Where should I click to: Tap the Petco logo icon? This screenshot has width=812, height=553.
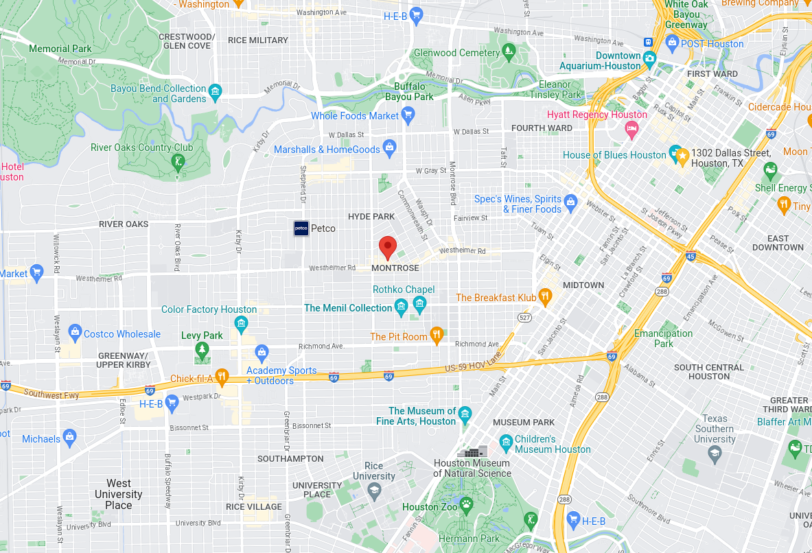point(301,228)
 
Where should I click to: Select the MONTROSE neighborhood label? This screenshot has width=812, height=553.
point(395,268)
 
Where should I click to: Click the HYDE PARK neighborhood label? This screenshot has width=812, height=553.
point(371,216)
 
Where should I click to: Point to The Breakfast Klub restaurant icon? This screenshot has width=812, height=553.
point(546,297)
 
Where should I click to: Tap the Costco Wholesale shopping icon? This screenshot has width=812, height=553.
point(75,334)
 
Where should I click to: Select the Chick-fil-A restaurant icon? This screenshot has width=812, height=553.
point(221,377)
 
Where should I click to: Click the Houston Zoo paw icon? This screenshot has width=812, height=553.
point(467,506)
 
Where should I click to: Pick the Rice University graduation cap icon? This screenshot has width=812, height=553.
point(374,490)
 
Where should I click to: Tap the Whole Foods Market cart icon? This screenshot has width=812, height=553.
point(408,115)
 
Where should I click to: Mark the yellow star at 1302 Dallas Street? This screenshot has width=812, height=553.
point(682,157)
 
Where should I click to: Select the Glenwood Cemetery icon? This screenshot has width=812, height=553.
point(509,51)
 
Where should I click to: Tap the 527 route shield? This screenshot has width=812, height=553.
point(525,318)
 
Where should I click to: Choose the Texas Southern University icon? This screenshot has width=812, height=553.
point(715,453)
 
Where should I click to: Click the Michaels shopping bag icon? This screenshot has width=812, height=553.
point(69,437)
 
